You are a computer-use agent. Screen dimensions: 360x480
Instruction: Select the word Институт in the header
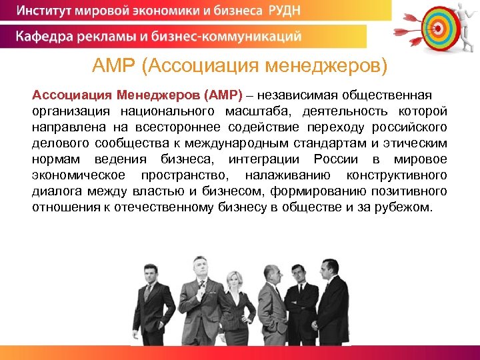(45, 11)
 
